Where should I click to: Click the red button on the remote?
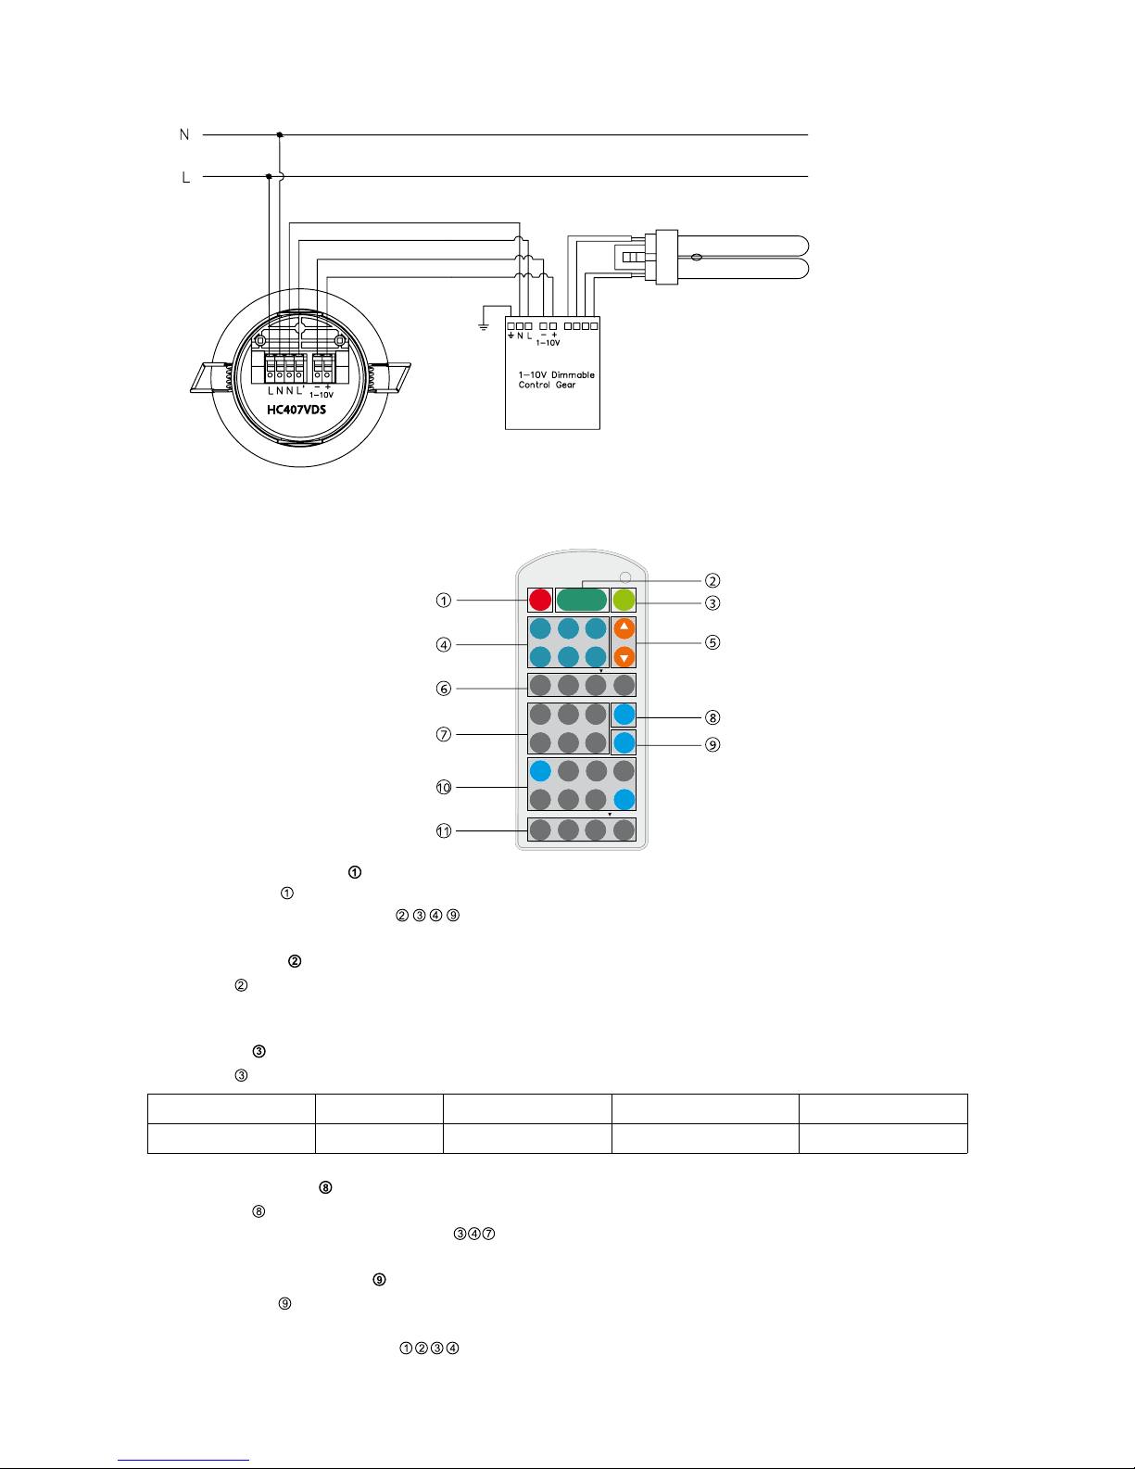[x=540, y=600]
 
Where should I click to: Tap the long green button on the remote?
[x=582, y=600]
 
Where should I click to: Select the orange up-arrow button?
[x=624, y=628]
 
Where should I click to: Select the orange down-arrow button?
[x=624, y=656]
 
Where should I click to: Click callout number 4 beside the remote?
[x=443, y=645]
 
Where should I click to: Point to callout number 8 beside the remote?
[x=713, y=717]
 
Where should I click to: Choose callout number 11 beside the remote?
[x=443, y=830]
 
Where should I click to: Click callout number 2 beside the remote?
[x=713, y=581]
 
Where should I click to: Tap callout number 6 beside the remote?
[x=443, y=689]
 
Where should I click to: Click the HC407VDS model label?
[x=296, y=410]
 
